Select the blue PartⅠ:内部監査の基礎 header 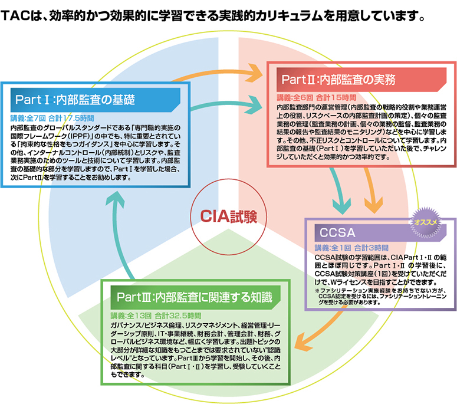pyautogui.click(x=75, y=98)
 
